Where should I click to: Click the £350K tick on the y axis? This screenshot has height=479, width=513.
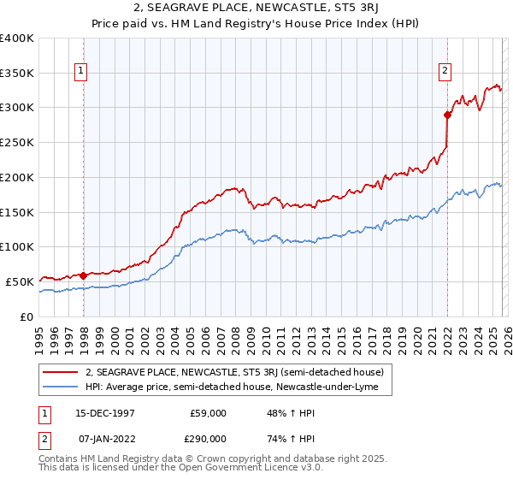[x=17, y=73]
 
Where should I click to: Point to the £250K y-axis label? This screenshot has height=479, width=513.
[x=17, y=142]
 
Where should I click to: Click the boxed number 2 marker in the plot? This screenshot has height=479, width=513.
[x=446, y=72]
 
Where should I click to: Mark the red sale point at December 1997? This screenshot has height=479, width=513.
[x=84, y=275]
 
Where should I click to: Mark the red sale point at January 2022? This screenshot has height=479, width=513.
[x=447, y=114]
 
